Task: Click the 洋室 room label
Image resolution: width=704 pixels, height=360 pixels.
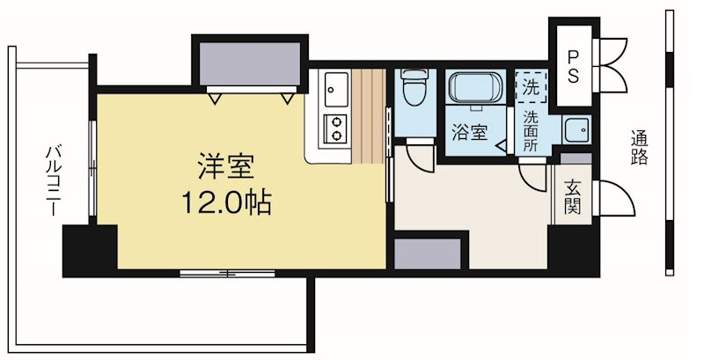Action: click(226, 166)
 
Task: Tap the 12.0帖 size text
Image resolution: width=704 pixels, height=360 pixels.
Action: click(226, 204)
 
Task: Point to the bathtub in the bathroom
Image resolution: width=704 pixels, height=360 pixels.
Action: click(475, 90)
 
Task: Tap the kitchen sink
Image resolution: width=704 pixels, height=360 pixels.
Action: click(335, 88)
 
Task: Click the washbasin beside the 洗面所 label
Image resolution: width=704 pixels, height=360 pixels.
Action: click(576, 130)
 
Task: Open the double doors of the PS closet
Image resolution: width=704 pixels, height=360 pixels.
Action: click(613, 62)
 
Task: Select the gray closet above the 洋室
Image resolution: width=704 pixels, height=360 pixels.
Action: click(248, 63)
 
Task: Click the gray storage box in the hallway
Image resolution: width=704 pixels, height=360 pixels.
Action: click(428, 253)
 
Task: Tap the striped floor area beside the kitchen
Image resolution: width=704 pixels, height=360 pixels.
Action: click(370, 114)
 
